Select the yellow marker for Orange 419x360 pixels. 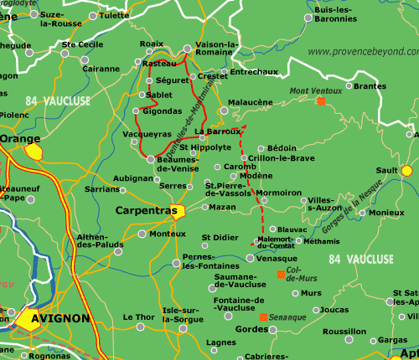(34, 151)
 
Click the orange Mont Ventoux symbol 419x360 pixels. (321, 101)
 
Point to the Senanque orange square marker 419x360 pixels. (263, 317)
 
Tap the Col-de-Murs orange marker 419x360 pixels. (281, 275)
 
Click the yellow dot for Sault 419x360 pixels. (406, 170)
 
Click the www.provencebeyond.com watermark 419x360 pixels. (362, 52)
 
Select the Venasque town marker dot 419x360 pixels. (251, 259)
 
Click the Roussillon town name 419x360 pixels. (344, 332)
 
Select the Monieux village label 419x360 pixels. (386, 213)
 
